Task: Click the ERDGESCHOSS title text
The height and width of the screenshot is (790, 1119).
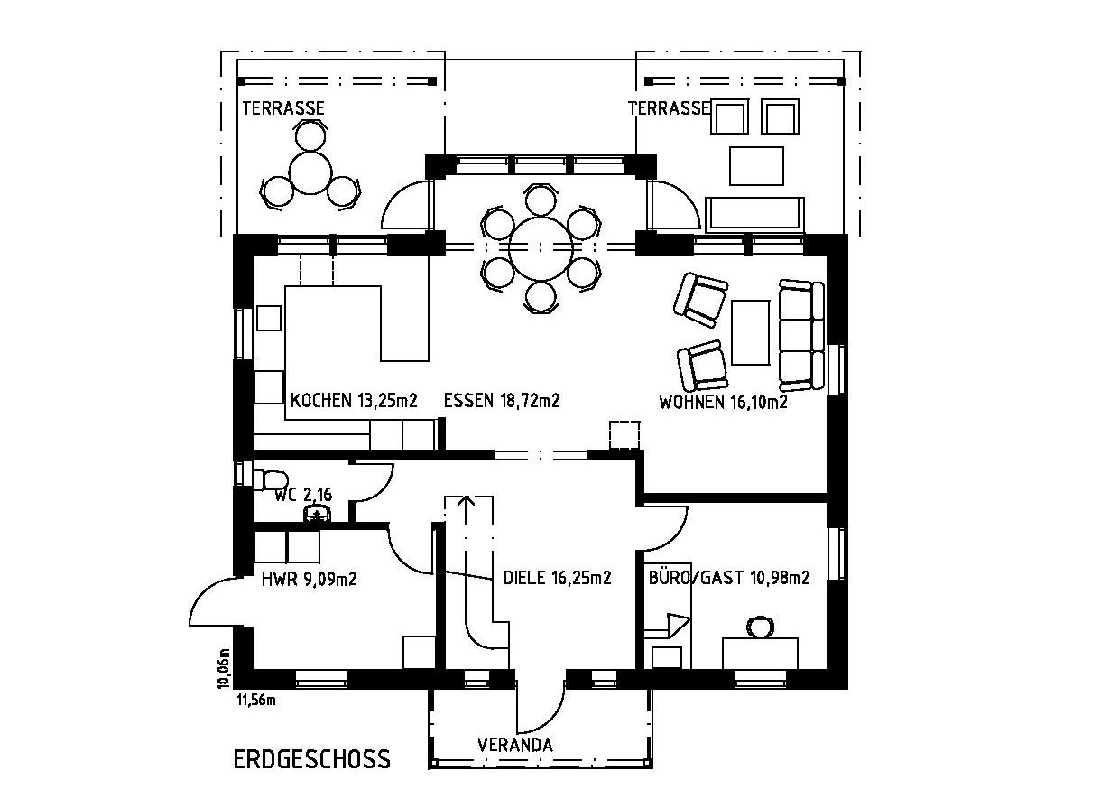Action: (x=311, y=759)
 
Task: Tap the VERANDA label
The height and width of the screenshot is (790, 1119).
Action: (x=515, y=745)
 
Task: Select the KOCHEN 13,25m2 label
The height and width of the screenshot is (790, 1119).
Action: (x=354, y=400)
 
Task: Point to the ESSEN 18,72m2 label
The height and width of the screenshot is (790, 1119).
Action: (x=502, y=400)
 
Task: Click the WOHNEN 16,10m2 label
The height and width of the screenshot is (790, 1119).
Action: (x=723, y=402)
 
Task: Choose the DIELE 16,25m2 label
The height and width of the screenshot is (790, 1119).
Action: (x=557, y=578)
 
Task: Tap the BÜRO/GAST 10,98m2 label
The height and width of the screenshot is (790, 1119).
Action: (x=729, y=577)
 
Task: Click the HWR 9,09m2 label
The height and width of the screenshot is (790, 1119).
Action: (x=310, y=579)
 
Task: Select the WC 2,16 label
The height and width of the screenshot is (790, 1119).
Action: (x=303, y=495)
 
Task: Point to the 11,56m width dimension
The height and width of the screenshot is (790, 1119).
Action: (x=255, y=700)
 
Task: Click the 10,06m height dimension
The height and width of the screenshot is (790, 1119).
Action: (x=225, y=668)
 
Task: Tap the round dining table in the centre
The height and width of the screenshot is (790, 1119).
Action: (x=541, y=248)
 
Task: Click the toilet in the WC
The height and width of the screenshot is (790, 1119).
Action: (x=270, y=479)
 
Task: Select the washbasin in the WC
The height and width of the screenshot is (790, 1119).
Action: (x=317, y=514)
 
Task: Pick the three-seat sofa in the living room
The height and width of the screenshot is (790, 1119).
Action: (x=801, y=335)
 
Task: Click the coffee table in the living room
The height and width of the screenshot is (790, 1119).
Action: (x=750, y=332)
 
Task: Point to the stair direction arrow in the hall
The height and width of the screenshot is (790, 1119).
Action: (x=467, y=510)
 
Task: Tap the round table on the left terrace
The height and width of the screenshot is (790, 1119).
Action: (x=310, y=172)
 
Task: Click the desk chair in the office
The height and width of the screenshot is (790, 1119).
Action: (x=761, y=627)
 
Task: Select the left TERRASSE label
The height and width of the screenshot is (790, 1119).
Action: (x=283, y=108)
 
